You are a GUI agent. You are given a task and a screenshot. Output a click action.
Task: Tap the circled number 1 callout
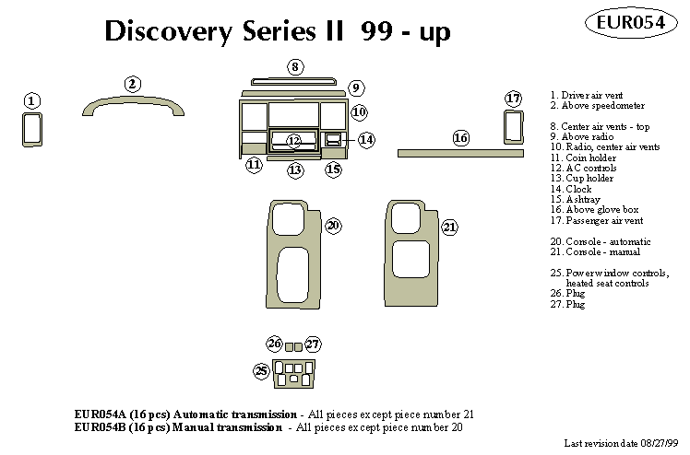(32, 100)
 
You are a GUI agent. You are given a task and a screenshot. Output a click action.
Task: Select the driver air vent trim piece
(32, 130)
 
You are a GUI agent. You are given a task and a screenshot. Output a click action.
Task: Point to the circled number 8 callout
(294, 66)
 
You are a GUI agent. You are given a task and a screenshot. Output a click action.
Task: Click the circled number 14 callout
(366, 140)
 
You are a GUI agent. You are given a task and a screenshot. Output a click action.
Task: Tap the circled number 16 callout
(461, 138)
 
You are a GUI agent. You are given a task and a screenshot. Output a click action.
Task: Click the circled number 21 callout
(449, 227)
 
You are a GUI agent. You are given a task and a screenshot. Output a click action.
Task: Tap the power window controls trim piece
(293, 371)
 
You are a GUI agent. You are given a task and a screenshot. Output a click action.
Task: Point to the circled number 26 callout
(274, 344)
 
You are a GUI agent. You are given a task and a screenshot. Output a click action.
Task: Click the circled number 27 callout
(313, 344)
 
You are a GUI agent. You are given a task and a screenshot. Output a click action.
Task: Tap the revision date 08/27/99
(657, 443)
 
